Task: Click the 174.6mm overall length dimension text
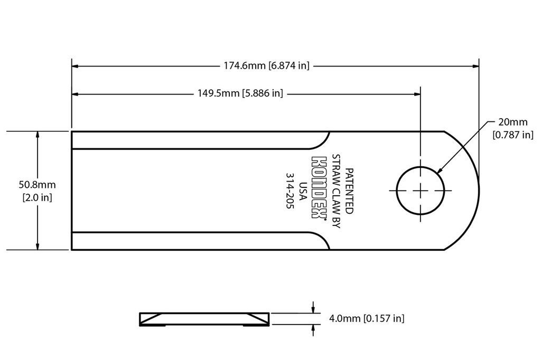pos(264,66)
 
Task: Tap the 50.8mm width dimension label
pos(37,185)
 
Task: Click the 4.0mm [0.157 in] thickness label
pos(367,318)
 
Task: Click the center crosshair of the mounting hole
pos(421,190)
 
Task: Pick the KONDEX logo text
pos(318,187)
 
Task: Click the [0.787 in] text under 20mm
pos(512,135)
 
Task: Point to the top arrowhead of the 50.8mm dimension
pos(37,135)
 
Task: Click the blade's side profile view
pos(204,319)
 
